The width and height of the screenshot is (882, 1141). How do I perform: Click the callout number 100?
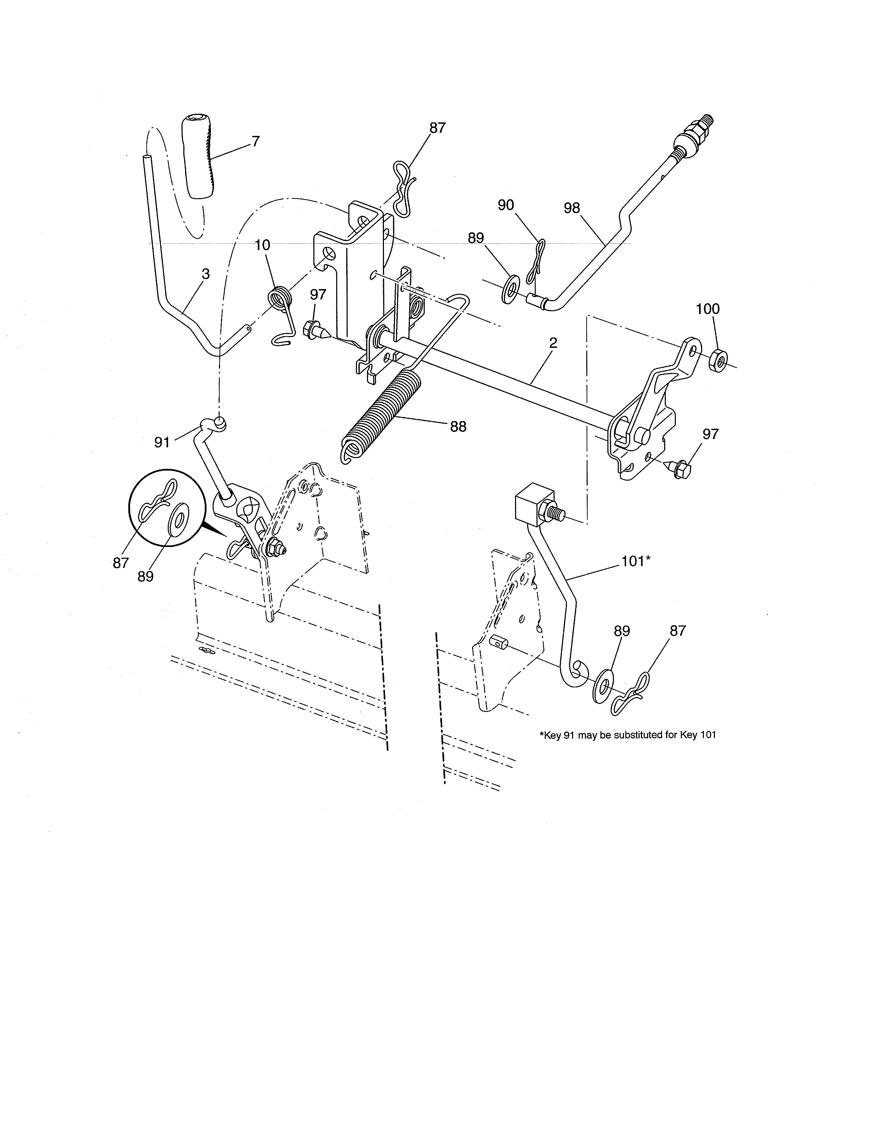pyautogui.click(x=707, y=309)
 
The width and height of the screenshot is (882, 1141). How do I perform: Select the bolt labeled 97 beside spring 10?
pyautogui.click(x=315, y=330)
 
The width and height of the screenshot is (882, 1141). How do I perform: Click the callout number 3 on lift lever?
pyautogui.click(x=205, y=274)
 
